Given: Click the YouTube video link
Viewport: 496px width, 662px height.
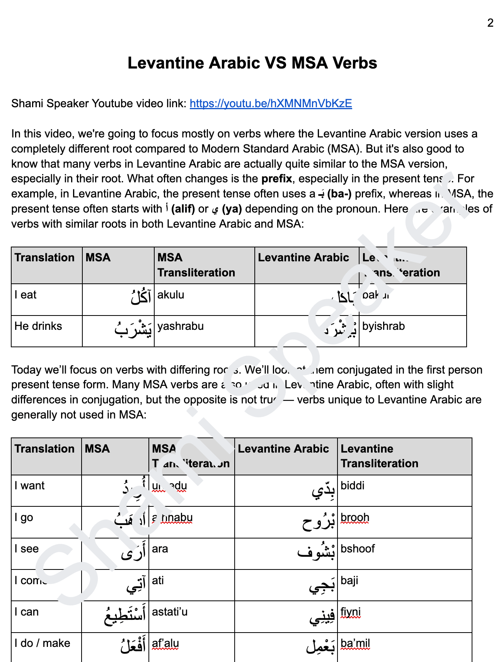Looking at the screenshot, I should click(271, 104).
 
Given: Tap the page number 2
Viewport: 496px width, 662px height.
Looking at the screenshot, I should click(490, 23).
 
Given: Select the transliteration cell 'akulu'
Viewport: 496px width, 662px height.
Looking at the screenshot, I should click(171, 295).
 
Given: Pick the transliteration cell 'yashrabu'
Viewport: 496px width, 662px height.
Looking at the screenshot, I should click(181, 326).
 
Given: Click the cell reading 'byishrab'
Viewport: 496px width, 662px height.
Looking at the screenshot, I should click(384, 326).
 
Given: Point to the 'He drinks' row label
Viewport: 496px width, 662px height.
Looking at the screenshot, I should click(38, 326).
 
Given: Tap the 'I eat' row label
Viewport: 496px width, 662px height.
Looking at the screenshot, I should click(26, 295).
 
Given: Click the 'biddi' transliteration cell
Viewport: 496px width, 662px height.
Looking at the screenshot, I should click(353, 486).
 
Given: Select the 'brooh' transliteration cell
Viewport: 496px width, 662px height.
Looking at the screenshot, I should click(355, 518).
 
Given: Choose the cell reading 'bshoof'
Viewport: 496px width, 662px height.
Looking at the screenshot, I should click(358, 549).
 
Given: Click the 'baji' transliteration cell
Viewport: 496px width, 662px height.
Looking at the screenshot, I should click(349, 581).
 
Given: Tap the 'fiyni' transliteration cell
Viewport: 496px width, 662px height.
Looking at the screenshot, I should click(351, 612).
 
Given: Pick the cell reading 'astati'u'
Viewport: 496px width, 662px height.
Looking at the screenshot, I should click(170, 612).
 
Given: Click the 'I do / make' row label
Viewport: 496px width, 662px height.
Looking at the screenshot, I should click(43, 643).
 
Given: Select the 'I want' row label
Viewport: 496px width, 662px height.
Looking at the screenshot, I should click(30, 486).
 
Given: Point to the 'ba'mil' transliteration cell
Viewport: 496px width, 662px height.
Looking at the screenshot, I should click(355, 643).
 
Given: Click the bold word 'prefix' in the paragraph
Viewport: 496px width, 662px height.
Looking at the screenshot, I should click(276, 179).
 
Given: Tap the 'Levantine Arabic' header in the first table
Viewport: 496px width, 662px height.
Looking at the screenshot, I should click(303, 258).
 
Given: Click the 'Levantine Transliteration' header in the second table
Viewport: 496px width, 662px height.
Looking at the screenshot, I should click(379, 456).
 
